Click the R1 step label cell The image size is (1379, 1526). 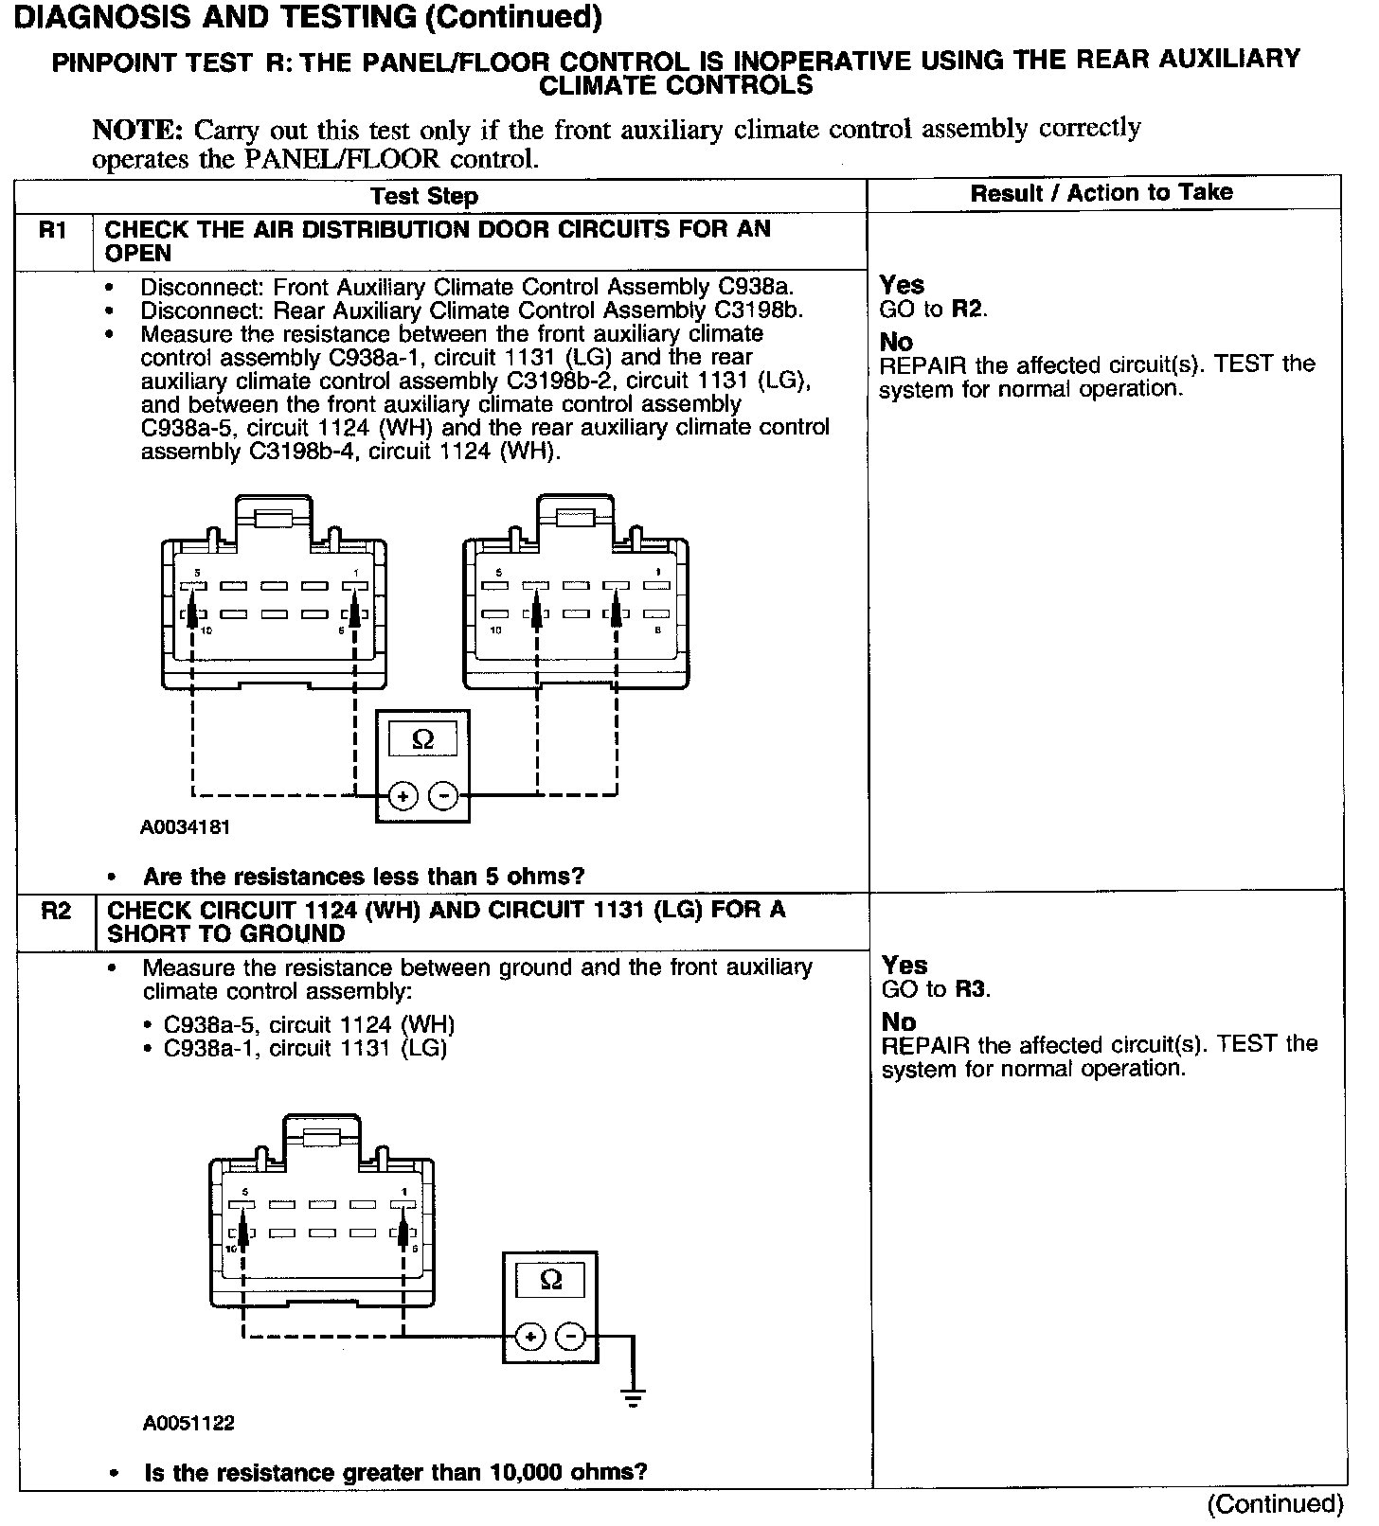53,231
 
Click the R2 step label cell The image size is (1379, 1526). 56,912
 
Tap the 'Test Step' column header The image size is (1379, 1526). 423,196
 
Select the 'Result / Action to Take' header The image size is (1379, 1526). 1101,193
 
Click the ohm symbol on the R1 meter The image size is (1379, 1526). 422,739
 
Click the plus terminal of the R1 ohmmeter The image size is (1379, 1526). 403,796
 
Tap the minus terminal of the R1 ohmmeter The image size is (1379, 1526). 443,796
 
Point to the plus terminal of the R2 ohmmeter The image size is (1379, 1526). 530,1336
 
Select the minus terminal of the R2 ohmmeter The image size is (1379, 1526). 570,1336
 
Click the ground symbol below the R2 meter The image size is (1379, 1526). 634,1396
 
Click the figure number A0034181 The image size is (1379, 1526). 185,827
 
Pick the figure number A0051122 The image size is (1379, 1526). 188,1423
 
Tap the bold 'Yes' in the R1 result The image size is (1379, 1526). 902,285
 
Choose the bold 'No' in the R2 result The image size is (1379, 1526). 899,1022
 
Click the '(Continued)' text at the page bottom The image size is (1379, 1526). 1275,1503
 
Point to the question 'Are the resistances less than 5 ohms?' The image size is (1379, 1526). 364,877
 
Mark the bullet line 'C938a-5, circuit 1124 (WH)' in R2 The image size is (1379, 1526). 309,1025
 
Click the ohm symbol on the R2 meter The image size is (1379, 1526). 550,1280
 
